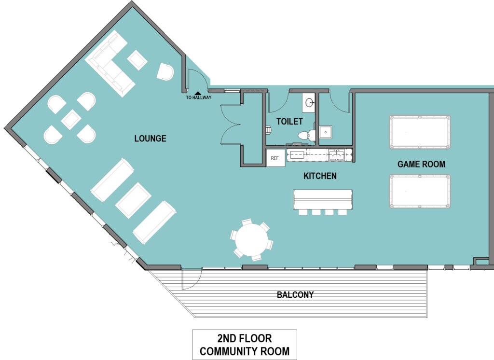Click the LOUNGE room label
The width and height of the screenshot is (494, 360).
click(150, 139)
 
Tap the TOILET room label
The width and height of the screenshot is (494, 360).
click(289, 122)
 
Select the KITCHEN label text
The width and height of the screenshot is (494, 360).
click(320, 176)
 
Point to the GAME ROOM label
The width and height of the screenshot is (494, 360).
click(421, 164)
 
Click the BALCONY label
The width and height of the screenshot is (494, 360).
click(295, 294)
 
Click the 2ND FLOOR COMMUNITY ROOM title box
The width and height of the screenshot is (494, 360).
click(245, 345)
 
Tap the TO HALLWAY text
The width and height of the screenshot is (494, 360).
click(197, 98)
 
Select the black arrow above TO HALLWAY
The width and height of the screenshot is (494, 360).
click(197, 93)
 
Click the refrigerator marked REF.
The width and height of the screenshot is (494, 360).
click(275, 158)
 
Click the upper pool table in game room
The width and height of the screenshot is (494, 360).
click(420, 133)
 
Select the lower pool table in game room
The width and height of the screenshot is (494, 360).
click(420, 192)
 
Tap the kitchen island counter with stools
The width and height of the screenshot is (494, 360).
click(322, 199)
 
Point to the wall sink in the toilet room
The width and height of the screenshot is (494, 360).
click(309, 102)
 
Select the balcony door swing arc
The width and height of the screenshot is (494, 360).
click(192, 280)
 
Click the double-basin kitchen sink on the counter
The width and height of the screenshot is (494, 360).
click(336, 155)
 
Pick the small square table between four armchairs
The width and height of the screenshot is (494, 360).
click(70, 119)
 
